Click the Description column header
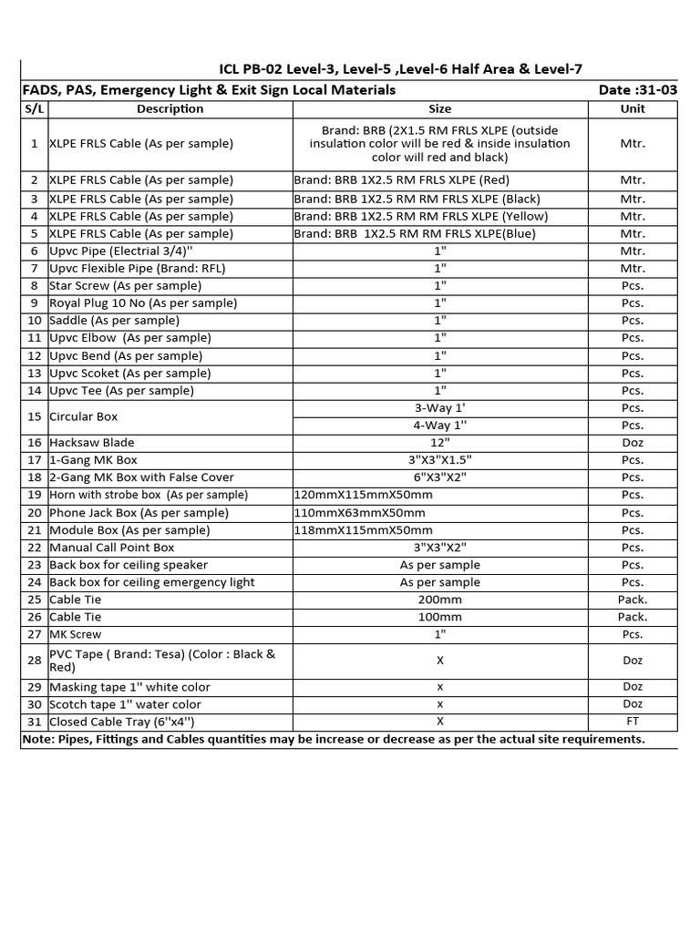tap(170, 109)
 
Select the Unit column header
tap(632, 109)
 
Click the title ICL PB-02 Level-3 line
tap(401, 69)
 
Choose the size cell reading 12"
tap(440, 443)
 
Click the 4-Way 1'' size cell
tap(440, 425)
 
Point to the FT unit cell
tap(632, 722)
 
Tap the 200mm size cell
tap(440, 600)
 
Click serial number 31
tap(35, 722)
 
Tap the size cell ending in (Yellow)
tap(421, 217)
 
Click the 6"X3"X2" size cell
tap(440, 477)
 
